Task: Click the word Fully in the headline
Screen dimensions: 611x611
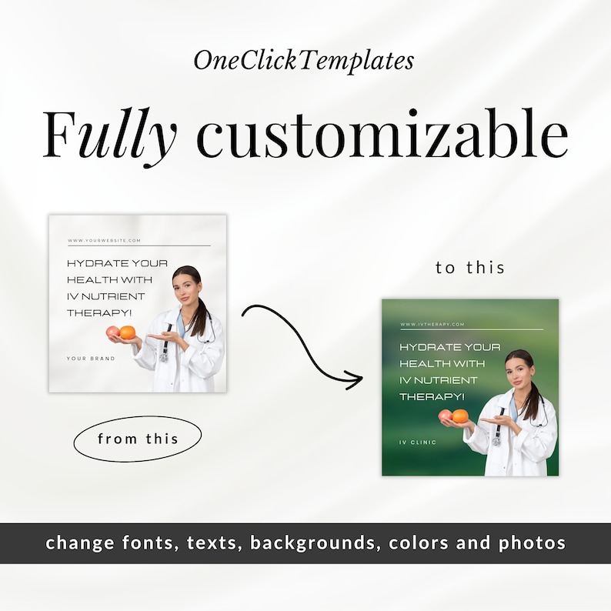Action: [x=109, y=135]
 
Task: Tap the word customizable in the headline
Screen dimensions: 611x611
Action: [x=382, y=135]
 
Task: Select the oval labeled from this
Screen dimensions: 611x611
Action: [x=138, y=439]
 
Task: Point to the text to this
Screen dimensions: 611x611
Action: [x=470, y=268]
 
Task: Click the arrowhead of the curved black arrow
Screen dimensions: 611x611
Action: [x=354, y=379]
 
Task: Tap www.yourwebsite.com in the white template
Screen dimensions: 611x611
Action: [x=105, y=241]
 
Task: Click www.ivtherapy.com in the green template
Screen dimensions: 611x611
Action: [x=432, y=325]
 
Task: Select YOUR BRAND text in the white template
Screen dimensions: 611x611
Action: [x=91, y=359]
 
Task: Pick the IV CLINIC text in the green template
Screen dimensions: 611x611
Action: [x=418, y=442]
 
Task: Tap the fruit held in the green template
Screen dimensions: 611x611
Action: [x=454, y=416]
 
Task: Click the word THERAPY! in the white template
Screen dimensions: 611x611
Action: [x=98, y=313]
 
